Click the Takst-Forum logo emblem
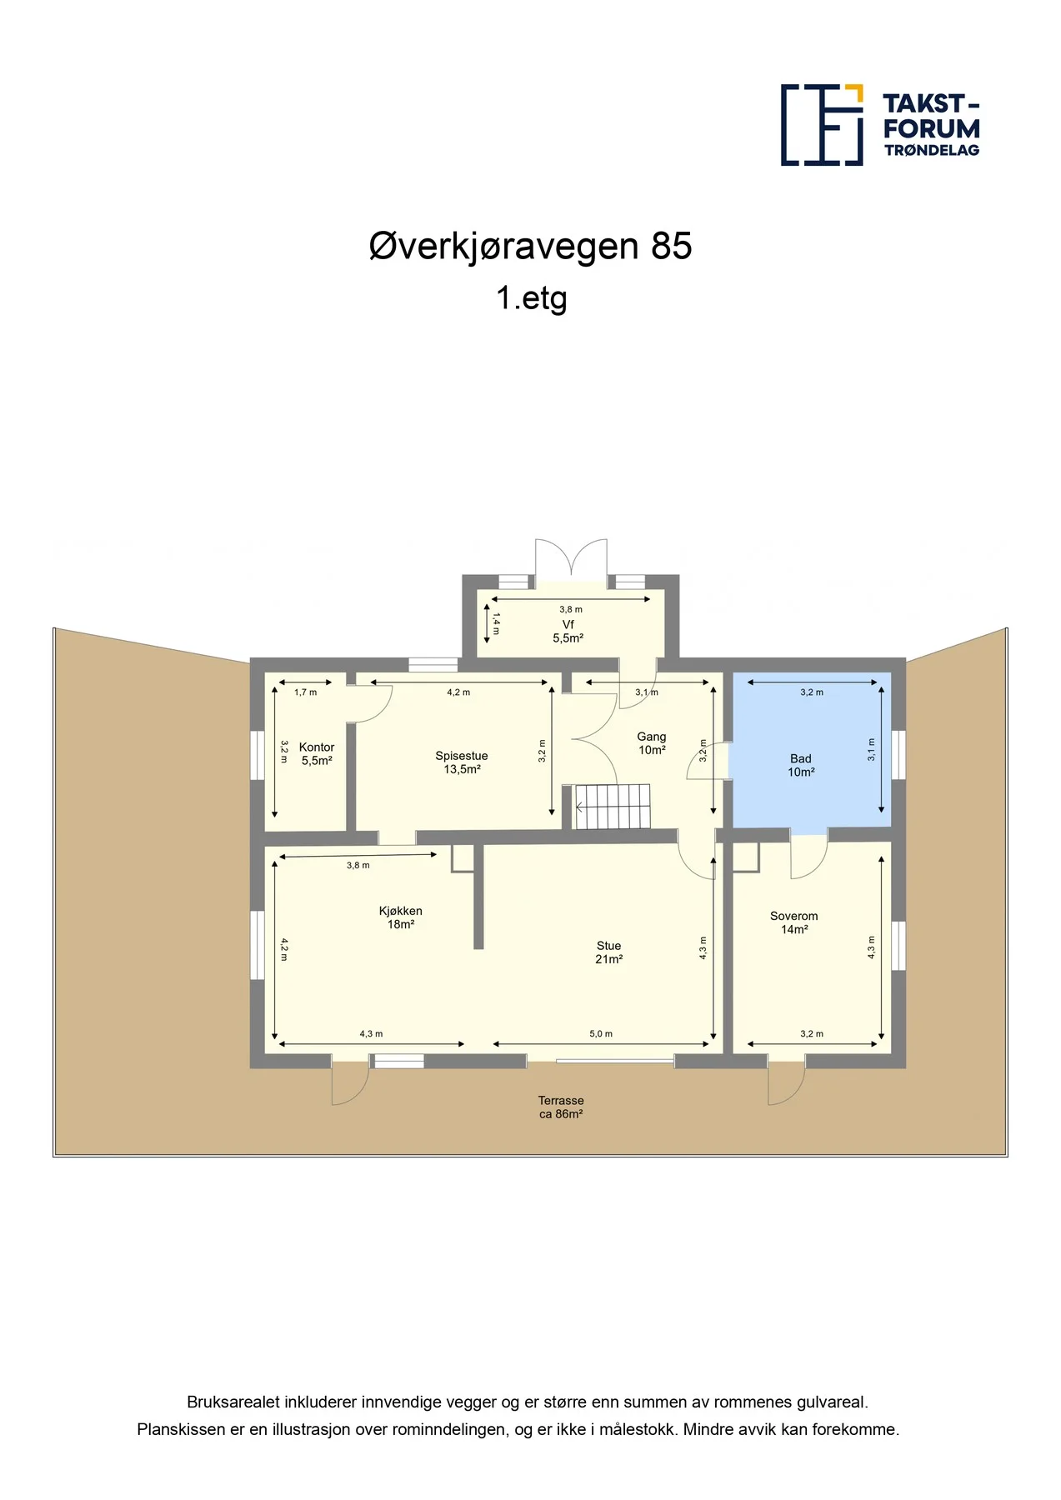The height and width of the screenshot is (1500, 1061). (822, 125)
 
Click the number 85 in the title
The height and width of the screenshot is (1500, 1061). (672, 247)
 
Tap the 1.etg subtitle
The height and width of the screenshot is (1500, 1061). (532, 298)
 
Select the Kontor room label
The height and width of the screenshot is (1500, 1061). (317, 747)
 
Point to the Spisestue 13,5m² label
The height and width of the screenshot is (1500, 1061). (462, 762)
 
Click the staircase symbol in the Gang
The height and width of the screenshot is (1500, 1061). (613, 807)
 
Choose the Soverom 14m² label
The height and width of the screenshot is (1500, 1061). (794, 922)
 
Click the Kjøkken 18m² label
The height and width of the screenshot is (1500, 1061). (401, 917)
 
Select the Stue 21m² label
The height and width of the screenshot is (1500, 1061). (609, 952)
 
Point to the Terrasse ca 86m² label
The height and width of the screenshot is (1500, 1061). (561, 1107)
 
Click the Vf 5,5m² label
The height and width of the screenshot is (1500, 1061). (568, 632)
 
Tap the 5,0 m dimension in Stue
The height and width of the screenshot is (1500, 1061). (601, 1034)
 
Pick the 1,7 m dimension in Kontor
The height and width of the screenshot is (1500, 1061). (306, 692)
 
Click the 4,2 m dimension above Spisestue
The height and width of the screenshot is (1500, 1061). (458, 692)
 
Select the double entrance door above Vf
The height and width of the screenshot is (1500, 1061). (571, 560)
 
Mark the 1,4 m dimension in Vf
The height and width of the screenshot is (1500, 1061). (496, 624)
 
